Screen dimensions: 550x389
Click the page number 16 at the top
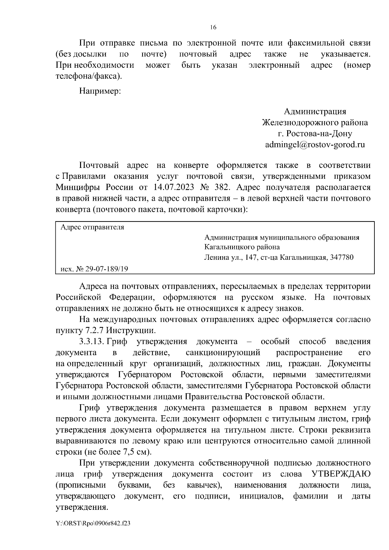click(213, 27)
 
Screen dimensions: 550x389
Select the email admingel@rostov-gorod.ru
click(315, 144)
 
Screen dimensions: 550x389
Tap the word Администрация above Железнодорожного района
click(315, 111)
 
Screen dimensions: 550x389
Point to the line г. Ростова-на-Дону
click(315, 133)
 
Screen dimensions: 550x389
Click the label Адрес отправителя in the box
click(92, 227)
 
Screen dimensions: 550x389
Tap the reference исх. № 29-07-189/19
click(94, 269)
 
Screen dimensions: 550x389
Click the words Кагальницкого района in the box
click(242, 247)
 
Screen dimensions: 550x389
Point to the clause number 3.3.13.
click(91, 342)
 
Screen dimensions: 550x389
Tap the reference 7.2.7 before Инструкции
click(94, 331)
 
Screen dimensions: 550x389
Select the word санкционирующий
click(223, 353)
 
